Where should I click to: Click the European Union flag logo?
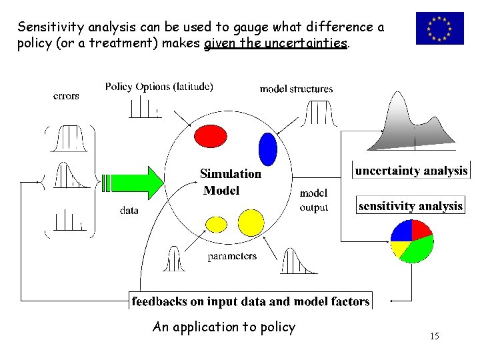tap(439, 29)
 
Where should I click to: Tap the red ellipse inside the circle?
tap(211, 137)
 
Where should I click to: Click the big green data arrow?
tap(133, 181)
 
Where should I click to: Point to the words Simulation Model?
tap(230, 182)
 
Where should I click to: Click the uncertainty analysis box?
tap(411, 171)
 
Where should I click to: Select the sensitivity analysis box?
tap(411, 206)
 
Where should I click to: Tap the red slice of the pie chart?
tap(421, 229)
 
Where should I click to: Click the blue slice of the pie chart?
tap(401, 231)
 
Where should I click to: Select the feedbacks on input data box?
tap(250, 301)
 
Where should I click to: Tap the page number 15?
tap(434, 336)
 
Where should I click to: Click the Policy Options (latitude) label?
tap(159, 87)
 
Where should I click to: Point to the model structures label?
tap(296, 89)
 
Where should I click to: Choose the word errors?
tap(66, 95)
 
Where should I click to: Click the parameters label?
tap(232, 256)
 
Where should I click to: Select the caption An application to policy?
tap(223, 327)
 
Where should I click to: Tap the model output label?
tap(313, 200)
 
